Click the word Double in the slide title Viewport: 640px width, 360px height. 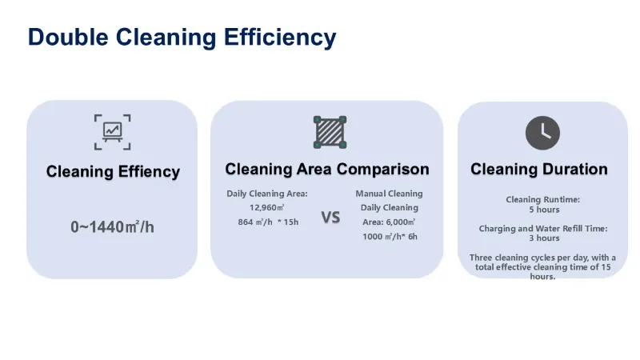[x=68, y=37]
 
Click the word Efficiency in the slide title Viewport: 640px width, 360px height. [x=280, y=38]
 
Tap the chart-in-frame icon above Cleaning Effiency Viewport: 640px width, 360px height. [x=112, y=132]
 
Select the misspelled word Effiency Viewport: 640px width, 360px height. [x=149, y=171]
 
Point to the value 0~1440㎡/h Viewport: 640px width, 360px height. [x=112, y=227]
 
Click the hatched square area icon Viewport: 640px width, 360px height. [x=330, y=132]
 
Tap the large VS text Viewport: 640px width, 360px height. [x=330, y=218]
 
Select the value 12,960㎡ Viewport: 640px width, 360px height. [x=267, y=207]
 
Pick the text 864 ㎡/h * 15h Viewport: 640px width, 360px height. [x=268, y=222]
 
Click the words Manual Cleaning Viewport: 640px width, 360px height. [x=389, y=194]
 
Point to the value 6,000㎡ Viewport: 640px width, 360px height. [x=401, y=222]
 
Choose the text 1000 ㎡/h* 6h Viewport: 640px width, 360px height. [x=390, y=237]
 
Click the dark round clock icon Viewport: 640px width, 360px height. [x=542, y=133]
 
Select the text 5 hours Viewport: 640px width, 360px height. [x=544, y=210]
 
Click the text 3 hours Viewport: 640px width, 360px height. [x=544, y=238]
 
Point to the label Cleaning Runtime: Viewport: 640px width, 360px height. [x=543, y=199]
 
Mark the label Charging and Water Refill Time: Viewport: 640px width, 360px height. [x=543, y=229]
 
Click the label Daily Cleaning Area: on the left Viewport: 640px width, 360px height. [x=267, y=194]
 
